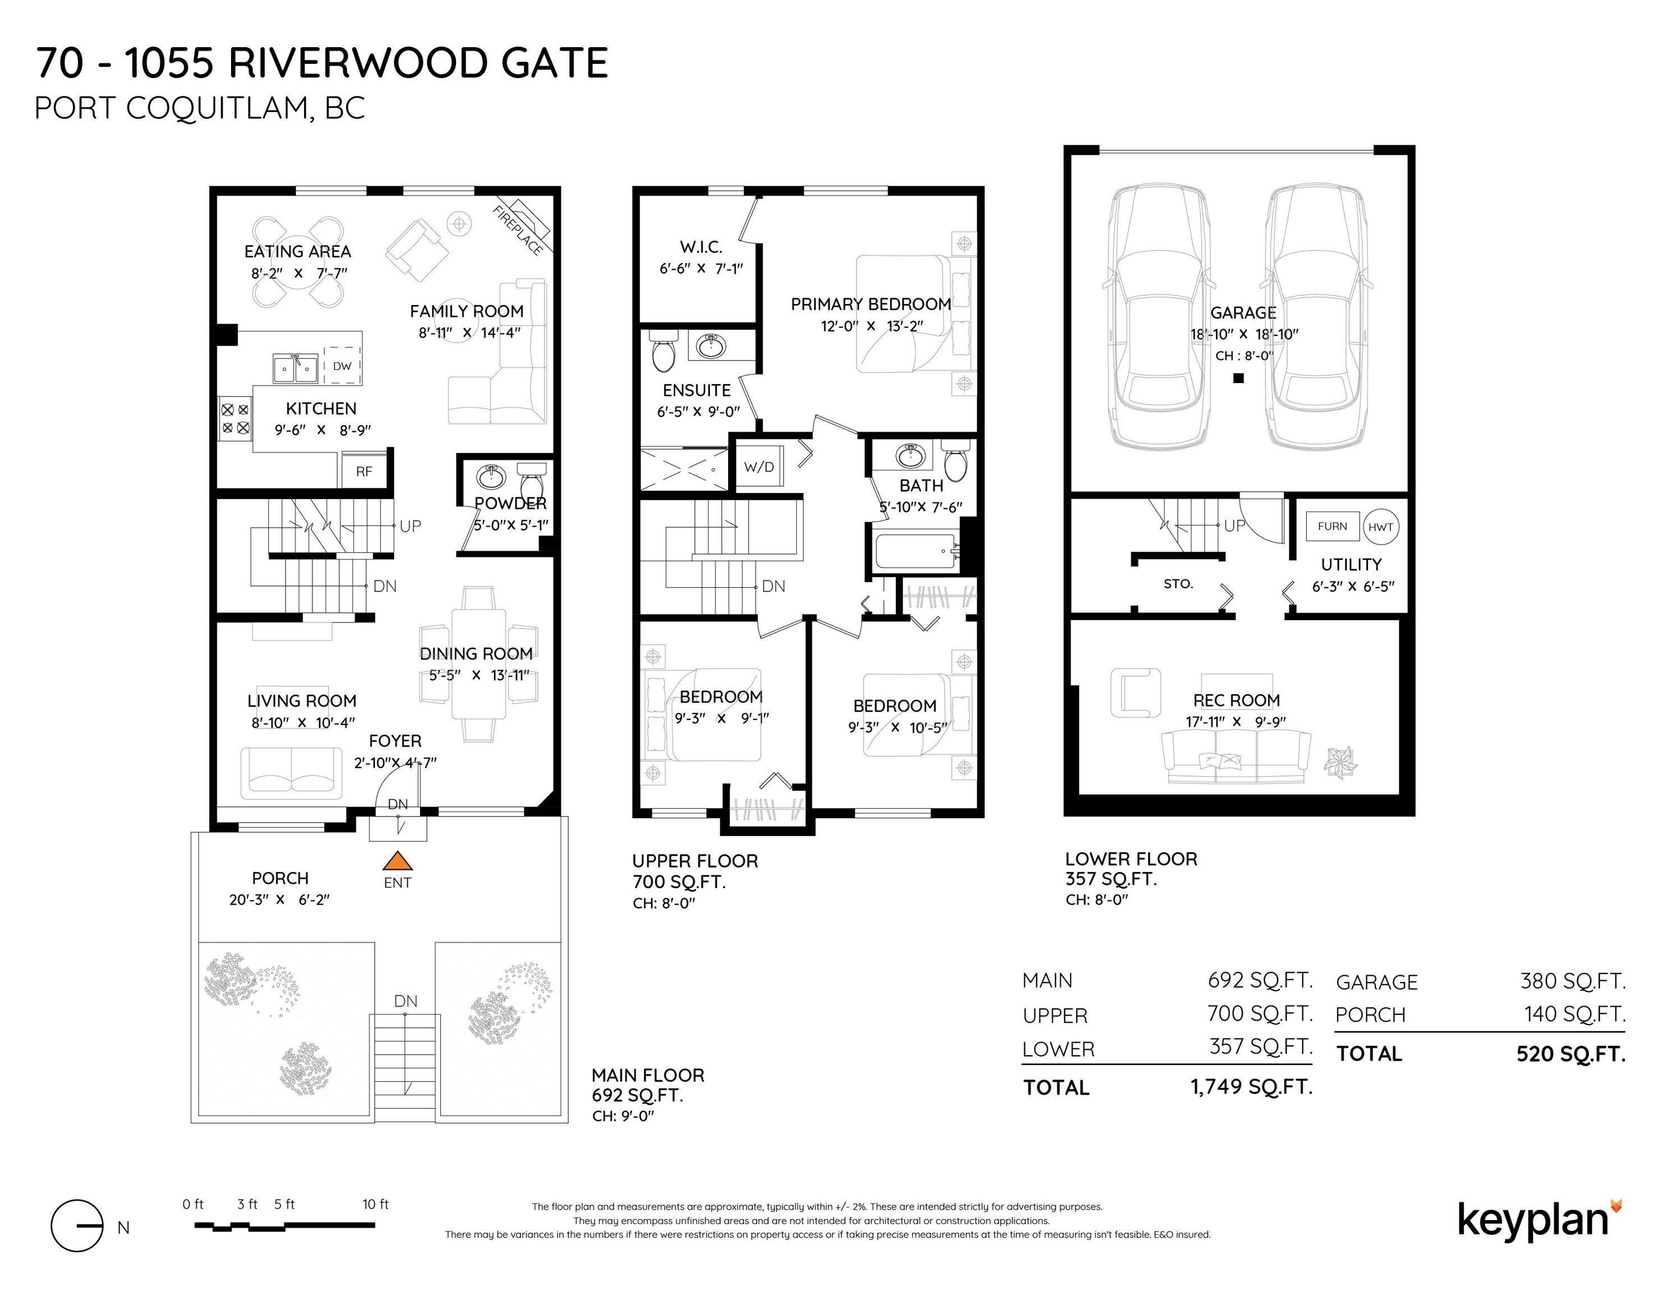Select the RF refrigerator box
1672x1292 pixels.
pyautogui.click(x=363, y=470)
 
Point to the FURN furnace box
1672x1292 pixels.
pyautogui.click(x=1332, y=527)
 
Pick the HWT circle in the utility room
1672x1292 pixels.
pyautogui.click(x=1380, y=527)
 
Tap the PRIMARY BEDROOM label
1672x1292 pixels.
pyautogui.click(x=870, y=304)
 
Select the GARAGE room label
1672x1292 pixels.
pyautogui.click(x=1243, y=312)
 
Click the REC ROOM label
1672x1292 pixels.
pyautogui.click(x=1236, y=700)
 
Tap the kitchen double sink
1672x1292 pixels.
pyautogui.click(x=296, y=368)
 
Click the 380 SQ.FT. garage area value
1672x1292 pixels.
pyautogui.click(x=1573, y=980)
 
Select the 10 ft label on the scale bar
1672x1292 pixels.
pyautogui.click(x=375, y=1204)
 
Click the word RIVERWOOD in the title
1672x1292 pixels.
pyautogui.click(x=358, y=63)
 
